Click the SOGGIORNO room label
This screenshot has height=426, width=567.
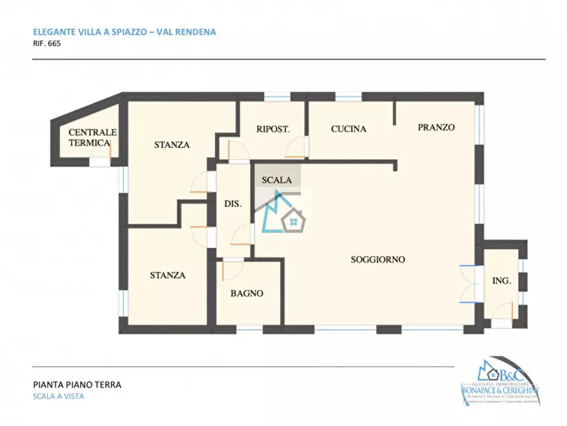[378, 259]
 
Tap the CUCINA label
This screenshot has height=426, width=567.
[349, 128]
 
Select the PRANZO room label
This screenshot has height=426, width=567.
[436, 127]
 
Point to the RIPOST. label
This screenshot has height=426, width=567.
[273, 128]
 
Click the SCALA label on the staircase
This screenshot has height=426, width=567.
[277, 180]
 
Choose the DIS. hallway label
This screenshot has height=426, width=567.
[232, 204]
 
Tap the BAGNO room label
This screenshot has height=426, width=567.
[246, 293]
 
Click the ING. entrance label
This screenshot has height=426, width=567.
[502, 280]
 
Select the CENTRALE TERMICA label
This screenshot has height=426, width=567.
[93, 137]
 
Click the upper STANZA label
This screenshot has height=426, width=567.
[171, 144]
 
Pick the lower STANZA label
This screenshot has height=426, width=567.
[168, 275]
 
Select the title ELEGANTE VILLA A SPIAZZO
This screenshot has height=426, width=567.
[89, 31]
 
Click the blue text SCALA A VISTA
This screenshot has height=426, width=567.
[58, 396]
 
